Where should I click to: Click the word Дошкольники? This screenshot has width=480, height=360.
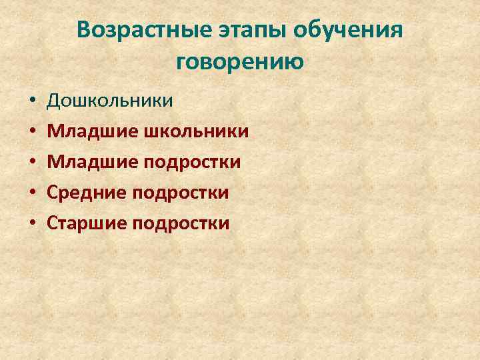point(111,101)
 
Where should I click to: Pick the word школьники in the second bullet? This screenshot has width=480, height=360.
point(197,131)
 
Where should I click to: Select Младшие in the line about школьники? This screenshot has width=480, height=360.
point(92,131)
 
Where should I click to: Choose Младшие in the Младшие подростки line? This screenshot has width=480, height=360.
point(92,162)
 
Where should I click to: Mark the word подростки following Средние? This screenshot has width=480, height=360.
point(182,193)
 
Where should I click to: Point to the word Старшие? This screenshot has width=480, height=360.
point(88,223)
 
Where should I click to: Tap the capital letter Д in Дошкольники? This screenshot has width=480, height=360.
point(55,101)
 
